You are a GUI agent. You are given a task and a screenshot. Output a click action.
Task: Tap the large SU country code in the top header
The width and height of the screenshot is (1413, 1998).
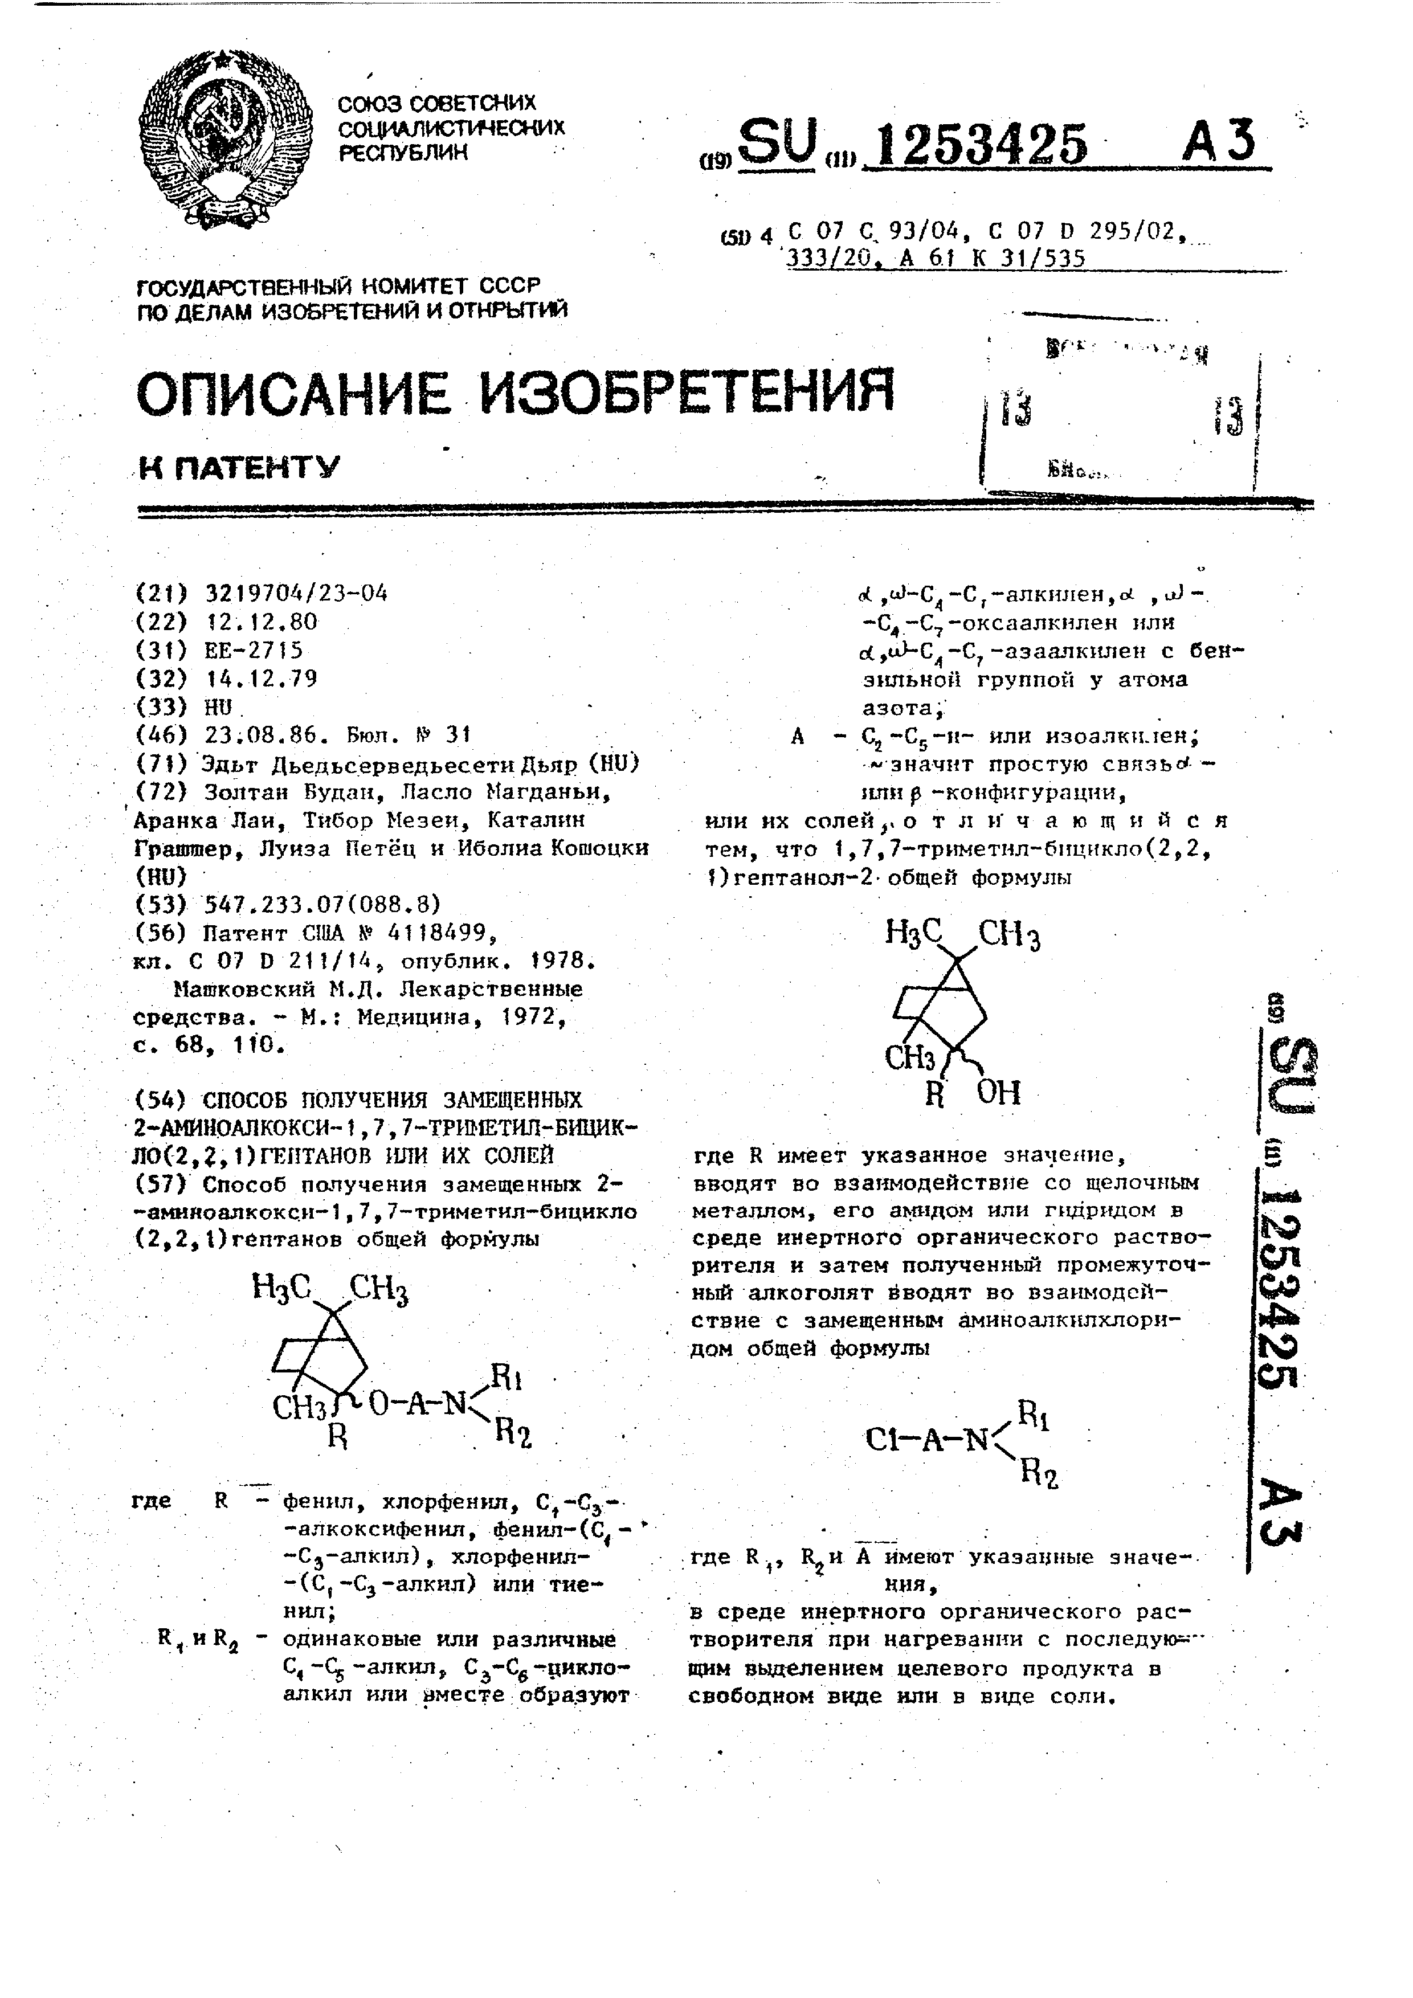[781, 142]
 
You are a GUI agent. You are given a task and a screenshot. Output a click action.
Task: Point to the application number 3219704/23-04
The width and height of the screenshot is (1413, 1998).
[296, 594]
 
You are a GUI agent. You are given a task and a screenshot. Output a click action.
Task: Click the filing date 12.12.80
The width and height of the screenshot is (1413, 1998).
[261, 622]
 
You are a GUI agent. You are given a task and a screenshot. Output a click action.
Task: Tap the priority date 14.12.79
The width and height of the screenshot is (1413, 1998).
[261, 679]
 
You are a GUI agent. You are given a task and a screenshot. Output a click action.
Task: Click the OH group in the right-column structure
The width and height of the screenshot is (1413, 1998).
[998, 1093]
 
